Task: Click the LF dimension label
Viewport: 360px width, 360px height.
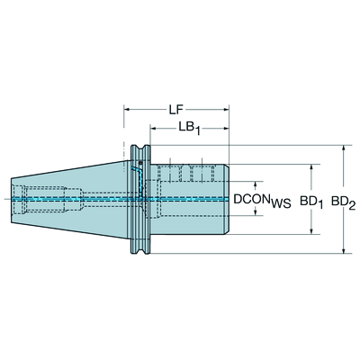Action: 175,110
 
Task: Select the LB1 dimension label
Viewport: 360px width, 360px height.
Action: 190,128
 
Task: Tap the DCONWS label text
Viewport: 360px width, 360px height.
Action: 262,201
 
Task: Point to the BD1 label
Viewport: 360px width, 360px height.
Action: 311,202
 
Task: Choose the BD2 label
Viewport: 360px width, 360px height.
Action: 343,202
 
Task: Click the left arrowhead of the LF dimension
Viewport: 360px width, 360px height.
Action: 127,110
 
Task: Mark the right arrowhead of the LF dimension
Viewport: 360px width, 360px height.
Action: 226,110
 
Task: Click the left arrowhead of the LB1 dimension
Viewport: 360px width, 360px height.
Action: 153,129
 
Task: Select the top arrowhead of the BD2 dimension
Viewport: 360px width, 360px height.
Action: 344,148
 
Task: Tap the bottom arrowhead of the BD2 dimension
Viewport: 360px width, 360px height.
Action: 344,250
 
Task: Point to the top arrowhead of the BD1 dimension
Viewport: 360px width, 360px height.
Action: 311,167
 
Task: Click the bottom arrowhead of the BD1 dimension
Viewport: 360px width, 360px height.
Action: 311,231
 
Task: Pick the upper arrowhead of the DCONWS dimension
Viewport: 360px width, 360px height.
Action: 256,184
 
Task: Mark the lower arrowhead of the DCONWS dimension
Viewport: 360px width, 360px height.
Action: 256,212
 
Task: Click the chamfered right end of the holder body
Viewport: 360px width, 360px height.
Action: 228,199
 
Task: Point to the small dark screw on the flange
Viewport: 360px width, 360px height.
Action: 140,163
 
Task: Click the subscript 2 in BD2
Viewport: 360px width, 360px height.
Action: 352,205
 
